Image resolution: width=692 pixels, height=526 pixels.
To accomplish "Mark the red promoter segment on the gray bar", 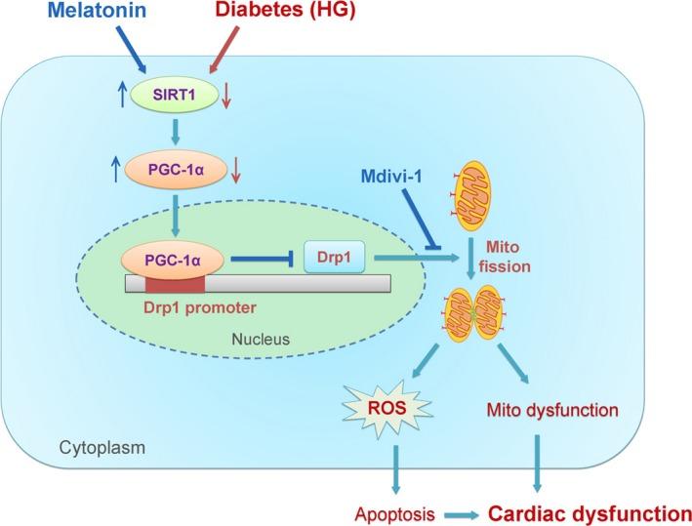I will pyautogui.click(x=175, y=284).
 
